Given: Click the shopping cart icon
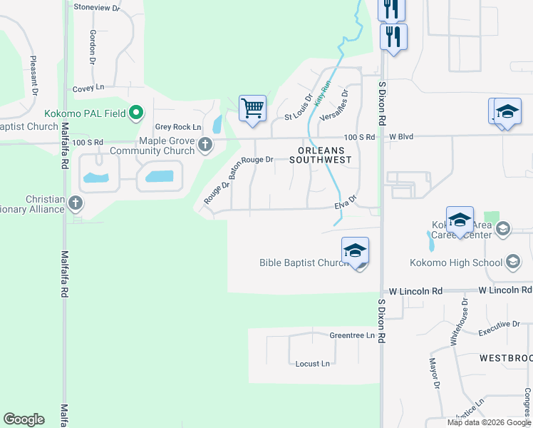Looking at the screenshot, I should click(252, 109).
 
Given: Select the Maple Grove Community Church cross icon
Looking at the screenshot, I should click(205, 145).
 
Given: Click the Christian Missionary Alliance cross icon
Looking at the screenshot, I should click(76, 204).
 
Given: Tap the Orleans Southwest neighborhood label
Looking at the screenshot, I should click(321, 155).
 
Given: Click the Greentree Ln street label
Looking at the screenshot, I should click(351, 335).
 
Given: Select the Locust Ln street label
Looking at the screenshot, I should click(313, 364).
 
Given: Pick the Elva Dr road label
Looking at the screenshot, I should click(345, 205).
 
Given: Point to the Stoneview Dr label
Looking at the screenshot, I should click(97, 6).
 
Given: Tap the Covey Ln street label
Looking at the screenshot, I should click(88, 88).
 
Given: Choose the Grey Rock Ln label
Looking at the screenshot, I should click(174, 127).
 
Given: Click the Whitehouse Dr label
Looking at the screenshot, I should click(460, 322).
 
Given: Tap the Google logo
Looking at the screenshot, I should click(24, 419).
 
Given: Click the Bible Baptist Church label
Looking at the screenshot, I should click(303, 263).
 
